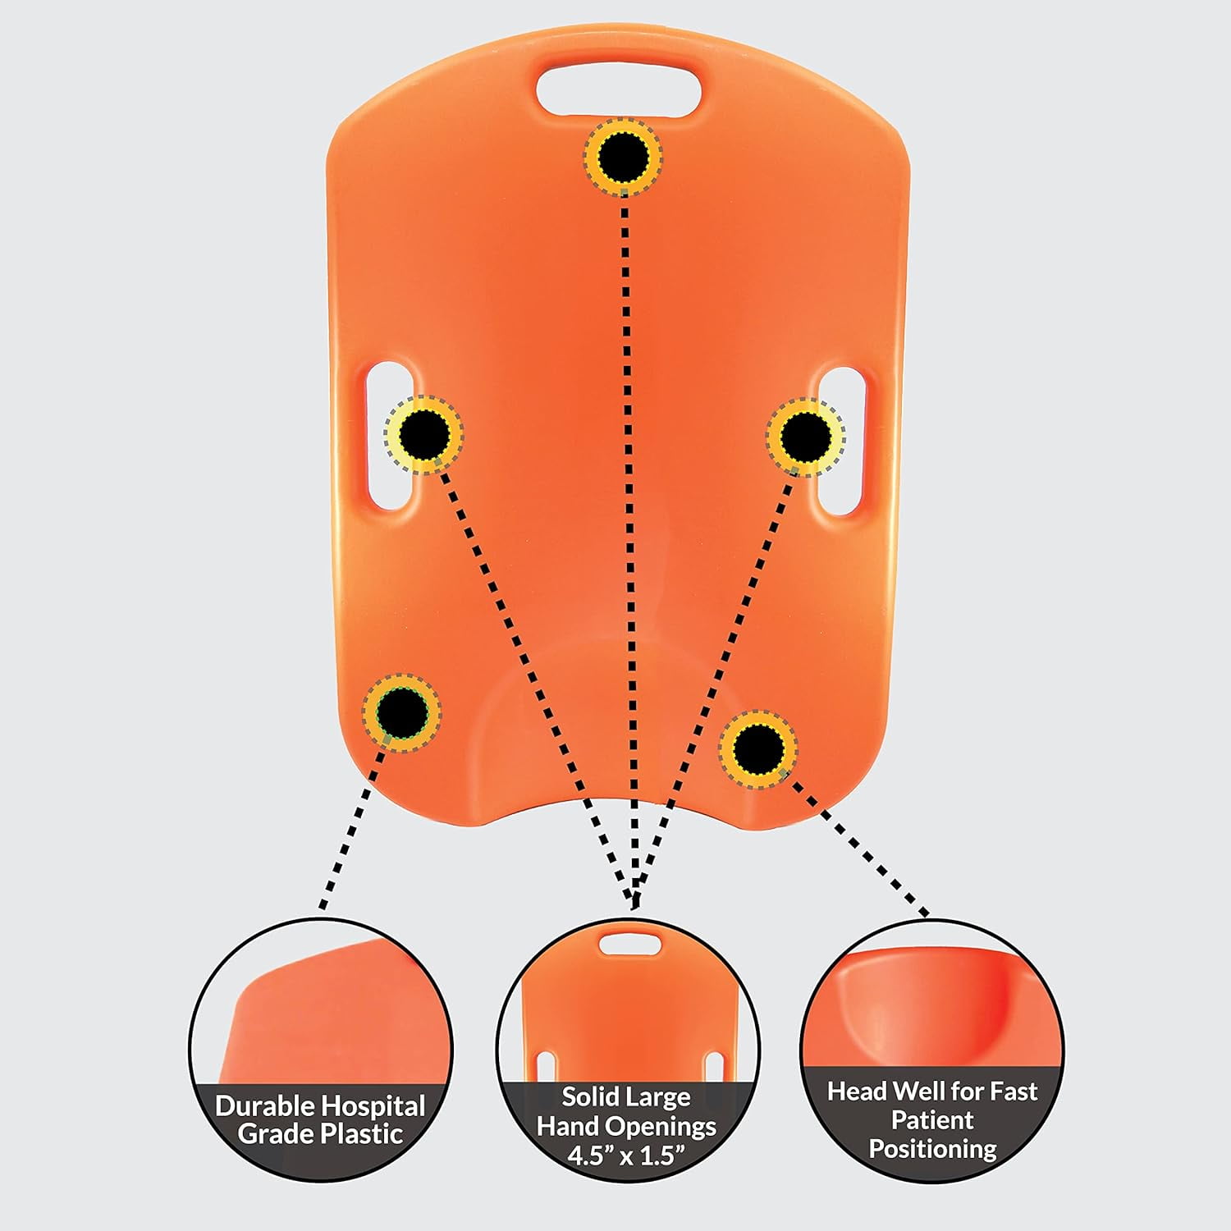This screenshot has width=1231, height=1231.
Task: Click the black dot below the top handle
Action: tap(623, 155)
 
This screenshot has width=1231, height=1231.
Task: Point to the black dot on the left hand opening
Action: tap(425, 434)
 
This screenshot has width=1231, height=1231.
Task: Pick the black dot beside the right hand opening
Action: tap(805, 436)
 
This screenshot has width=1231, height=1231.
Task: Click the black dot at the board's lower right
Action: tap(759, 748)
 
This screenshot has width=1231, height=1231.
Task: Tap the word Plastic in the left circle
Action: tap(361, 1134)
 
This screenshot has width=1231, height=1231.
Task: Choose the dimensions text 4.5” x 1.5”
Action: tap(626, 1155)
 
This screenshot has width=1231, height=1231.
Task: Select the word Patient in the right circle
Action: tap(932, 1119)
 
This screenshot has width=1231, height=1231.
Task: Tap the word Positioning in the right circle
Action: tap(932, 1149)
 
